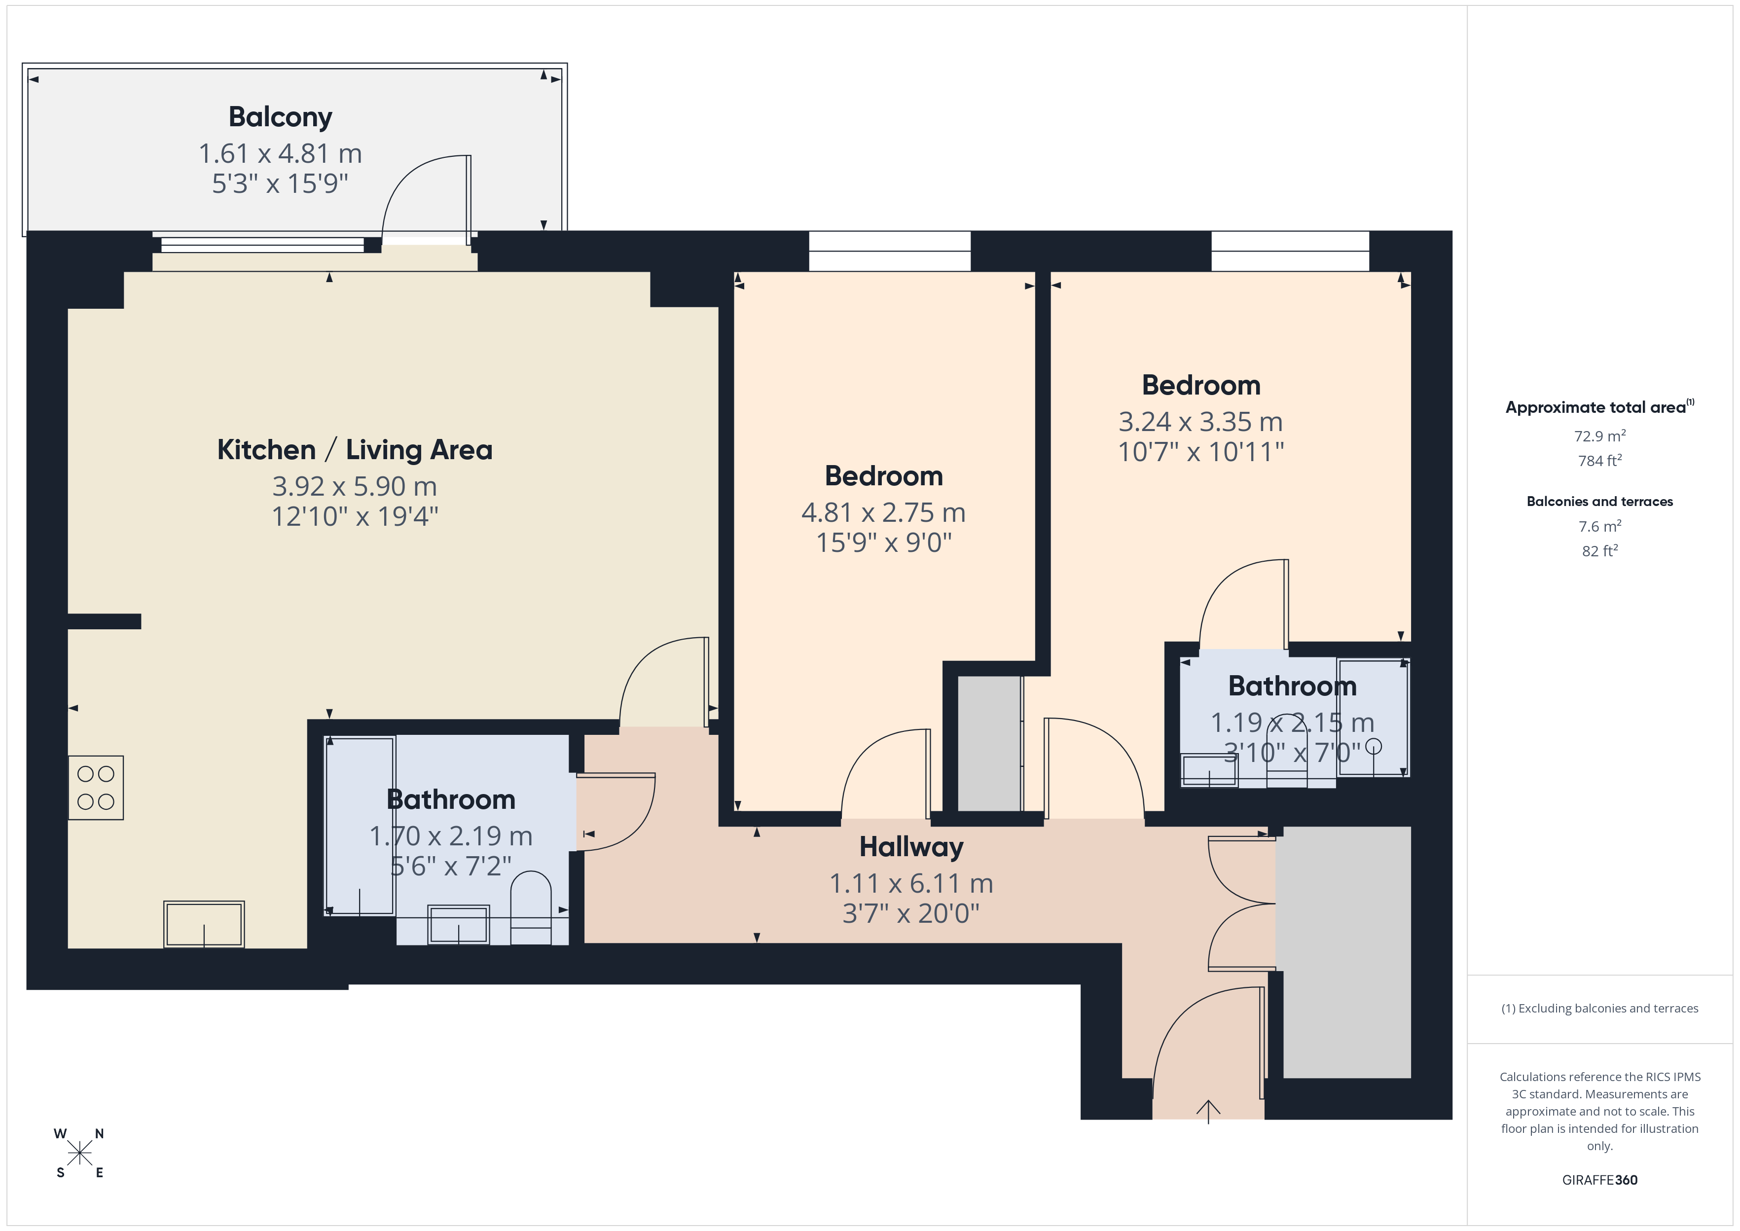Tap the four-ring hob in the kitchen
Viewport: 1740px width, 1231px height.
[96, 788]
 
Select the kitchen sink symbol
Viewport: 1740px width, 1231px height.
[204, 924]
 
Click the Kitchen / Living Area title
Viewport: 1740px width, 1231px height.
[355, 449]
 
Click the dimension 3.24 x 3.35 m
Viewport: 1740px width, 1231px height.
[1200, 422]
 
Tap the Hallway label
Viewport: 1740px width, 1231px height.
[911, 847]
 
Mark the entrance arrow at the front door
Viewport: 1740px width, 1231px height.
[1208, 1111]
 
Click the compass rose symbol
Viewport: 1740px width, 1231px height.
[79, 1154]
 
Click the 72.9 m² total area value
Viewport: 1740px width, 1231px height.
[1599, 436]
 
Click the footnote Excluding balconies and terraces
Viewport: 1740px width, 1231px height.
[1599, 1008]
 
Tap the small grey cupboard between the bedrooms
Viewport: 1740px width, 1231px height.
[989, 743]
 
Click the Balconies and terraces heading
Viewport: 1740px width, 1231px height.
[1599, 501]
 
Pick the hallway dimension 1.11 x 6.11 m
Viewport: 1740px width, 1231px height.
[911, 883]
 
